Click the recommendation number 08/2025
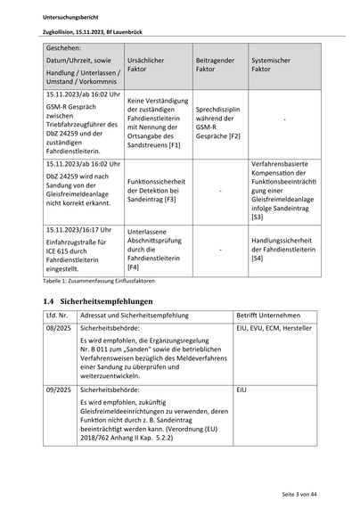point(58,328)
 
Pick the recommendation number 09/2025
point(58,390)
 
